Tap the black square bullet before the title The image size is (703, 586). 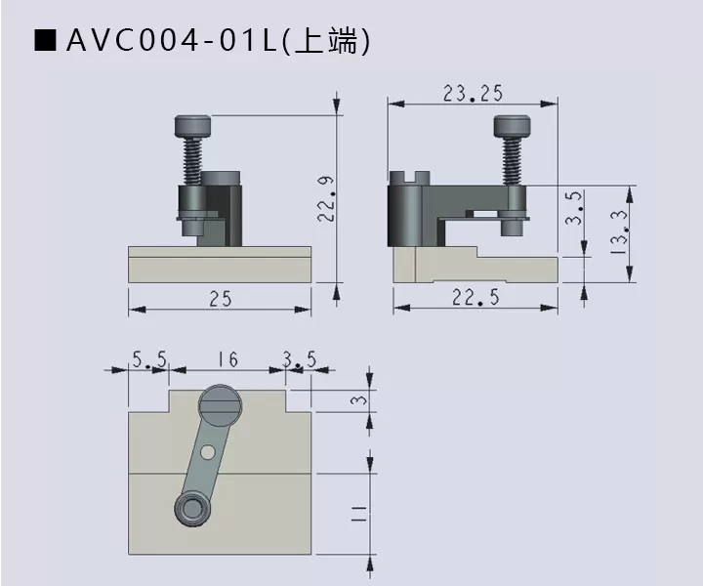click(x=45, y=42)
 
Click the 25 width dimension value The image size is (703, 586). click(x=220, y=300)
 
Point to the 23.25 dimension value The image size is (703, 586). click(x=473, y=95)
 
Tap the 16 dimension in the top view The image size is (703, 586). click(x=227, y=360)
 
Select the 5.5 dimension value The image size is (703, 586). click(x=149, y=360)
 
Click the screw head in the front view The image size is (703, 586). click(x=192, y=126)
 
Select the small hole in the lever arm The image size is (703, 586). click(x=207, y=452)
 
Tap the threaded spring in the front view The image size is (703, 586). click(x=192, y=159)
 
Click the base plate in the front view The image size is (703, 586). click(x=220, y=265)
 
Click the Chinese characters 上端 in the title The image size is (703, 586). click(x=332, y=42)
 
